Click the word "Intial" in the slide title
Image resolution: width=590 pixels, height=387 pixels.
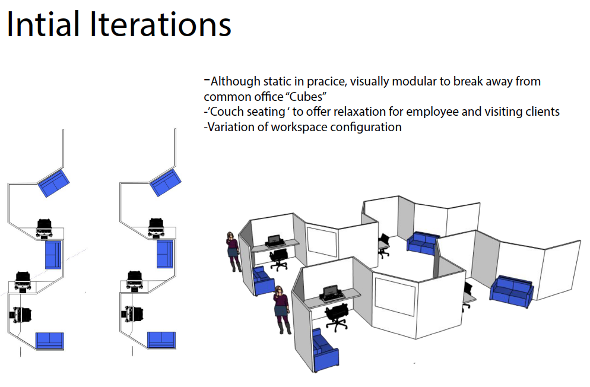pos(44,25)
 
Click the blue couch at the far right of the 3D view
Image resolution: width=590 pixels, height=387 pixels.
pos(512,292)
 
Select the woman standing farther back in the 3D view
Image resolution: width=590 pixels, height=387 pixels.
pos(233,252)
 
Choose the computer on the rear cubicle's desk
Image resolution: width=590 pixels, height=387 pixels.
pos(274,240)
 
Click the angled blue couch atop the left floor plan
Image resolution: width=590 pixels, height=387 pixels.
pos(54,182)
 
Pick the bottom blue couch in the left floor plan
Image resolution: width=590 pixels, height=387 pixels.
pos(49,341)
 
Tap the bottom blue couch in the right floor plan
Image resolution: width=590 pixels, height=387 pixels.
pos(161,340)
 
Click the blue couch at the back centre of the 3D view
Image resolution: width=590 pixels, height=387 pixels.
pos(423,243)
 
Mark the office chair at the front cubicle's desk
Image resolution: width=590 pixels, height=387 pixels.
pos(336,315)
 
